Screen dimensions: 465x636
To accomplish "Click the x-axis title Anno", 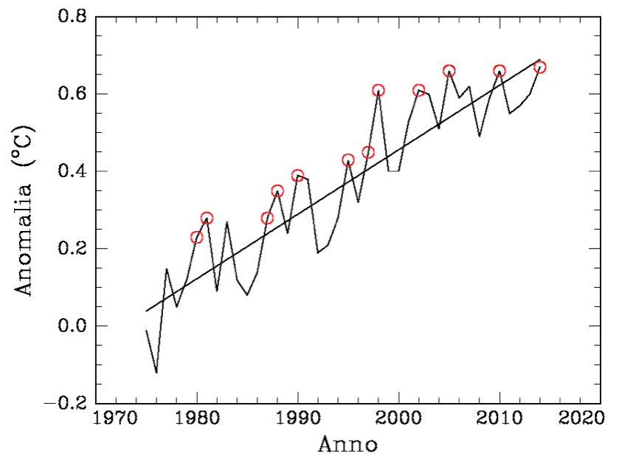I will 348,446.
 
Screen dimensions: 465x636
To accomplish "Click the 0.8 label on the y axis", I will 74,17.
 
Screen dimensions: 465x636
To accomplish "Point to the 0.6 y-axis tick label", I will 74,94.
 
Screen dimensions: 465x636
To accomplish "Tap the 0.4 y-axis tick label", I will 74,171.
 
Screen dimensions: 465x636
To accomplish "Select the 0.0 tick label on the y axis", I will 74,326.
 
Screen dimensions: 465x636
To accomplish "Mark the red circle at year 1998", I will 379,91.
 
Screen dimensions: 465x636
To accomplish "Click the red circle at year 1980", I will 197,237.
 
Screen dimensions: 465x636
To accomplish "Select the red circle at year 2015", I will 540,67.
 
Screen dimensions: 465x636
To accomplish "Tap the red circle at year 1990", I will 297,176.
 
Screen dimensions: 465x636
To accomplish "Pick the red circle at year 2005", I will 449,71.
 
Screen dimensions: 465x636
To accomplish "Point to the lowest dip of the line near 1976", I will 156,372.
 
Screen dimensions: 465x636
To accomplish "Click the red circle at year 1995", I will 348,160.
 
